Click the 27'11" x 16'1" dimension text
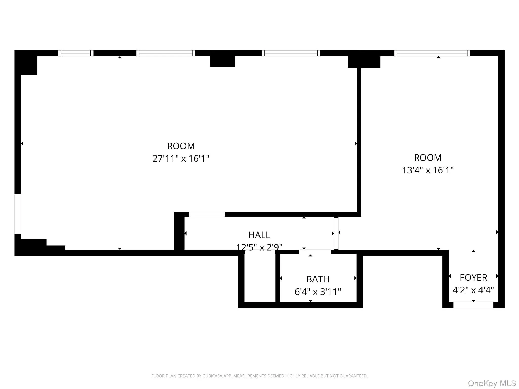[x=181, y=159]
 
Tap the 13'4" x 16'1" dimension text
[x=428, y=170]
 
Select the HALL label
[x=259, y=235]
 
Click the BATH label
[x=318, y=279]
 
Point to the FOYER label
[x=473, y=278]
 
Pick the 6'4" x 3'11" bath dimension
[x=318, y=292]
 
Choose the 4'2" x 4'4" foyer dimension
[x=473, y=290]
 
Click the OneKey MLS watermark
[x=492, y=383]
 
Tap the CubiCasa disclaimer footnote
[x=259, y=376]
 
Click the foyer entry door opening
[x=473, y=305]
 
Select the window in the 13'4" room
[x=432, y=53]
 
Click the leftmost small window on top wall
[x=76, y=53]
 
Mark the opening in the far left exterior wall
[x=18, y=214]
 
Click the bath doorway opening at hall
[x=315, y=252]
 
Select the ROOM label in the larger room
[x=181, y=146]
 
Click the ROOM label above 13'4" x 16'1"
[x=428, y=158]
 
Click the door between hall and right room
[x=336, y=233]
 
